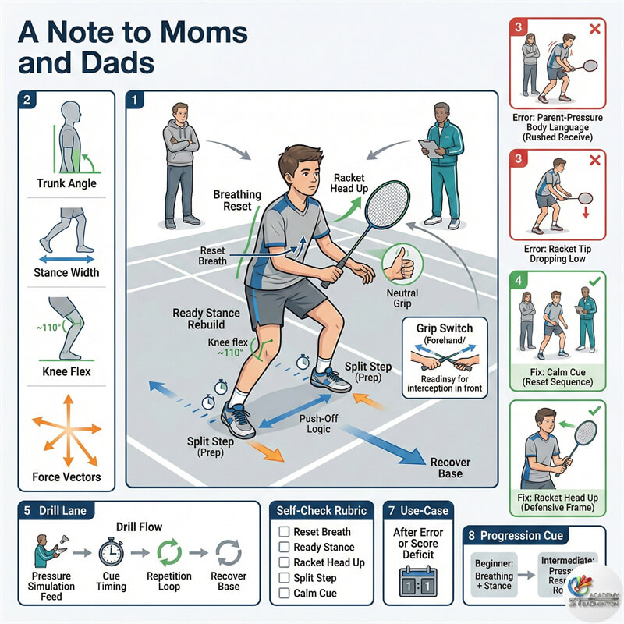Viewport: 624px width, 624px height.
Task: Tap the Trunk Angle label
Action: (67, 184)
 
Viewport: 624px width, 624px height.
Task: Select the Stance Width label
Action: (66, 273)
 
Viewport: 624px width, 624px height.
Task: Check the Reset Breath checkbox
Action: (284, 531)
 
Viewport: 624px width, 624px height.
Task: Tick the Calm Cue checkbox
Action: (284, 594)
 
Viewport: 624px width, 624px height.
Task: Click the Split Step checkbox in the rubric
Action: (284, 578)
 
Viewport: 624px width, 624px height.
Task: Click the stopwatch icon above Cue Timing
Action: (111, 552)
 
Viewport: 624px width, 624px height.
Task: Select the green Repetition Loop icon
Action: (169, 551)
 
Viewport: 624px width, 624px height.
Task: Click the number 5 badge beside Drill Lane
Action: (27, 511)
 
